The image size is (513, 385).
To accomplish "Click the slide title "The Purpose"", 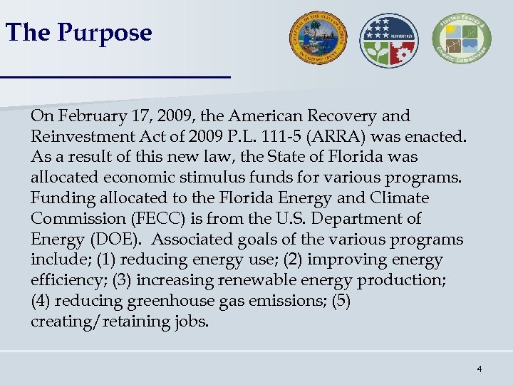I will click(78, 33).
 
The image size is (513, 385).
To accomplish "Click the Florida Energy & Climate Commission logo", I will click(463, 40).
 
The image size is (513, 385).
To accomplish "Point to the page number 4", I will click(480, 369).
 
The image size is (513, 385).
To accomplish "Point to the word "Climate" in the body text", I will click(403, 198).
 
